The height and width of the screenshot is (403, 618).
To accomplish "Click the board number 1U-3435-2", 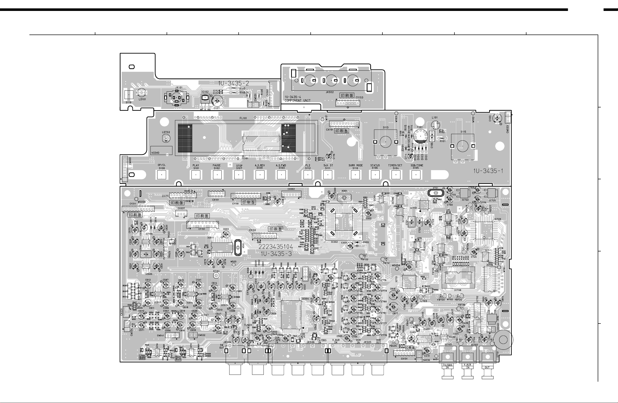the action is click(234, 83).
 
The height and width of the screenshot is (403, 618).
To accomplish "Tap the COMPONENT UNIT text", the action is click(297, 101).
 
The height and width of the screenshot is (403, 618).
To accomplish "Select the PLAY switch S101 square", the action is click(196, 175).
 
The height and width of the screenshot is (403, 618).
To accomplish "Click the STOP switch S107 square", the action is click(239, 175).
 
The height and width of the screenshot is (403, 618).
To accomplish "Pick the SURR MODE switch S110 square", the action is click(355, 175).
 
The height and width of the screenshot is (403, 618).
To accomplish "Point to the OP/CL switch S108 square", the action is click(162, 175).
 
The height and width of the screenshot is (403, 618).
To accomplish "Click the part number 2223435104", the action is click(275, 247).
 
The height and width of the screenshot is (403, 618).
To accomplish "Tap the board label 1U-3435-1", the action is click(488, 171).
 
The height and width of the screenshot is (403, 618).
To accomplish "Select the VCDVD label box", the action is click(161, 151).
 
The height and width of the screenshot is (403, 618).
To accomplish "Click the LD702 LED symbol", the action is click(166, 139).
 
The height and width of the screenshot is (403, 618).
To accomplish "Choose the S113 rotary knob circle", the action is click(386, 142).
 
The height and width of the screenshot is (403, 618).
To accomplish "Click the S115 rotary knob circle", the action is click(463, 146).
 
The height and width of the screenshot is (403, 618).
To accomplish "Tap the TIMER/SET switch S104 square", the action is click(396, 175).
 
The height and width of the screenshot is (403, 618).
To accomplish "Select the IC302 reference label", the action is click(334, 242).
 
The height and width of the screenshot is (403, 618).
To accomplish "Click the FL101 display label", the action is click(243, 118).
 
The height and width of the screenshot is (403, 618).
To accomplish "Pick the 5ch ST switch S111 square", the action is click(328, 175).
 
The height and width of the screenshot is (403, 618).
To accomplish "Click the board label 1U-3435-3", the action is click(276, 254).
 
